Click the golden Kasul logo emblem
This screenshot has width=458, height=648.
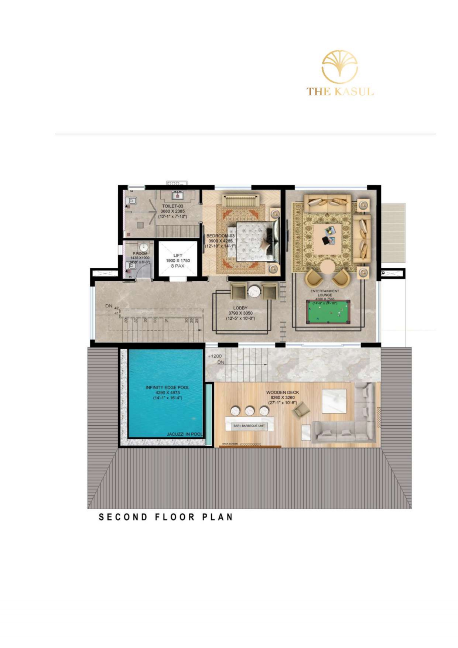click(x=339, y=66)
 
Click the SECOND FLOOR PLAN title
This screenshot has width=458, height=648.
click(x=166, y=517)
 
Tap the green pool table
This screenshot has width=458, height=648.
click(x=328, y=312)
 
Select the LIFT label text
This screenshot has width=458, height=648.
click(x=178, y=256)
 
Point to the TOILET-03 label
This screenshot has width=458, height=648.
click(x=172, y=206)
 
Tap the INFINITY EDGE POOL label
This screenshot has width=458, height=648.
click(x=167, y=387)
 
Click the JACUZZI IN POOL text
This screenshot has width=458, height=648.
click(x=184, y=434)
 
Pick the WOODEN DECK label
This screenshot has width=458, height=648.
click(x=283, y=392)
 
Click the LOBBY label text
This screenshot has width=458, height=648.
click(x=240, y=308)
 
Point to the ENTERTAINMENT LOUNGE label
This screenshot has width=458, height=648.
click(x=324, y=293)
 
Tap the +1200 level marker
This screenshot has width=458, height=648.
click(x=214, y=356)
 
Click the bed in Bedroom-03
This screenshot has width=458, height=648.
click(x=254, y=241)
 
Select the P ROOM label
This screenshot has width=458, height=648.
click(x=140, y=254)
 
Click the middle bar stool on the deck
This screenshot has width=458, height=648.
click(x=250, y=411)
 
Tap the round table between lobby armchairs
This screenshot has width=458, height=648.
click(x=254, y=291)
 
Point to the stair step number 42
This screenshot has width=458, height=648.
click(x=116, y=308)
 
